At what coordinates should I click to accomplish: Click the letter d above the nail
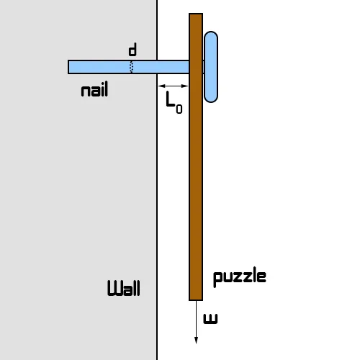pyautogui.click(x=132, y=50)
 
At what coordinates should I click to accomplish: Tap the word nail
pyautogui.click(x=94, y=89)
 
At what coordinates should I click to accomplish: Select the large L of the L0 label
pyautogui.click(x=170, y=99)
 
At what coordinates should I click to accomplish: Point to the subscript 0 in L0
pyautogui.click(x=179, y=109)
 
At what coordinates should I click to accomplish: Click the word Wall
pyautogui.click(x=124, y=288)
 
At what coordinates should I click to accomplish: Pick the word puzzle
pyautogui.click(x=240, y=277)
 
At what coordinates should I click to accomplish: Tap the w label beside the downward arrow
pyautogui.click(x=210, y=319)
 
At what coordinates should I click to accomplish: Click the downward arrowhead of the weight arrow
pyautogui.click(x=196, y=341)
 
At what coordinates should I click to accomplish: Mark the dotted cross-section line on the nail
pyautogui.click(x=131, y=67)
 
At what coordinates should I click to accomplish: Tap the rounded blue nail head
pyautogui.click(x=211, y=67)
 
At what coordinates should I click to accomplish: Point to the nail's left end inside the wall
pyautogui.click(x=68, y=67)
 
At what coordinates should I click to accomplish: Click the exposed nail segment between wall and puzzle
pyautogui.click(x=173, y=67)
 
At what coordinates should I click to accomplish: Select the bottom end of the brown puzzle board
pyautogui.click(x=196, y=300)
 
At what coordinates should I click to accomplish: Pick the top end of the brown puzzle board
pyautogui.click(x=196, y=14)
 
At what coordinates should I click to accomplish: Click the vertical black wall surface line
pyautogui.click(x=157, y=180)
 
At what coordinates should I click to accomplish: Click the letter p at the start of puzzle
pyautogui.click(x=217, y=279)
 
